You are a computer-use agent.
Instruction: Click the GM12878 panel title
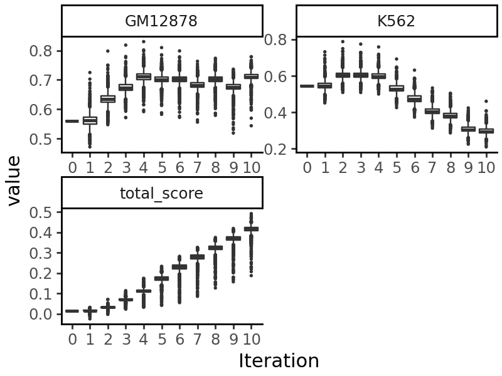(x=161, y=21)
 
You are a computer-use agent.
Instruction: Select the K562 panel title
(x=396, y=21)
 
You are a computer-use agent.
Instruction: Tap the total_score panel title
(x=161, y=194)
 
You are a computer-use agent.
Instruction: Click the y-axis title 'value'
(x=14, y=180)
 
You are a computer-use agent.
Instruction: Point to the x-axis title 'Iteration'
(x=279, y=361)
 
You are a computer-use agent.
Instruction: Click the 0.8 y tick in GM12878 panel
(x=45, y=51)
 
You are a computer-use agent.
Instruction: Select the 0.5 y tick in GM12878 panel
(x=45, y=139)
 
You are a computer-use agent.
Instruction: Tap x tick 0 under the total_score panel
(x=72, y=339)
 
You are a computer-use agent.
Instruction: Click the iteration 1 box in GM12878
(x=90, y=120)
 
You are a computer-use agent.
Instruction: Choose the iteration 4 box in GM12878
(x=144, y=76)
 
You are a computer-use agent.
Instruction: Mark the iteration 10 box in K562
(x=486, y=131)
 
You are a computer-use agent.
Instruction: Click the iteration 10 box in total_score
(x=251, y=229)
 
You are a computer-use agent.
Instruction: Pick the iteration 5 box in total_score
(x=161, y=278)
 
